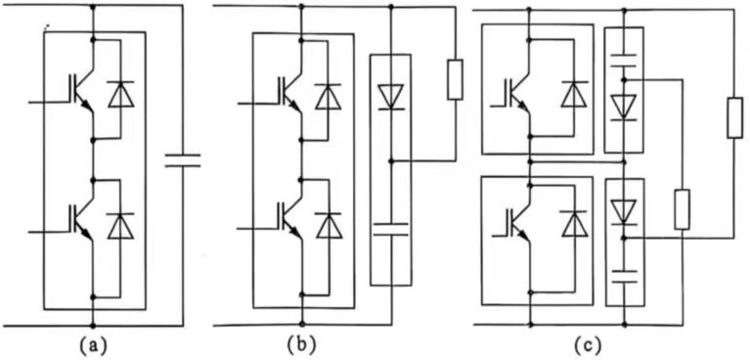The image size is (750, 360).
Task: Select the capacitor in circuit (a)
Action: [x=181, y=159]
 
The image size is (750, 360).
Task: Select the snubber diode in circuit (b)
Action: [x=390, y=96]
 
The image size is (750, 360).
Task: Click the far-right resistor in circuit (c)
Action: [x=734, y=119]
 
